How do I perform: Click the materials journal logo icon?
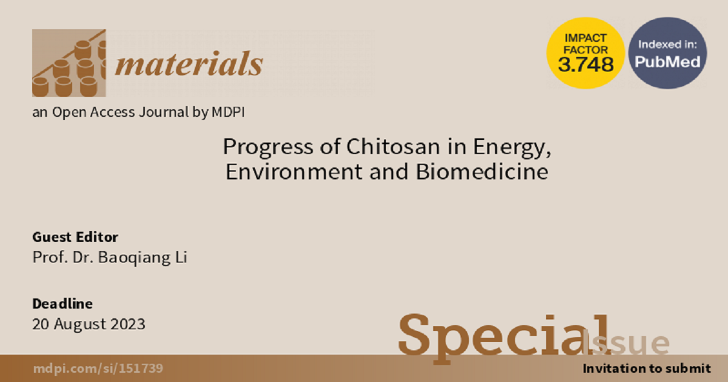(69, 63)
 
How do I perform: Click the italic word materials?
(189, 63)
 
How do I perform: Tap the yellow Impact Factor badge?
(585, 53)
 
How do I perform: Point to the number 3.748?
(585, 64)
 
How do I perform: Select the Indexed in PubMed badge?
(667, 53)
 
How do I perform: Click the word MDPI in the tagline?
(228, 112)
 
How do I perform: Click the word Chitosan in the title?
(393, 147)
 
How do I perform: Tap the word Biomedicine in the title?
(482, 172)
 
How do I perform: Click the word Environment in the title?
(294, 172)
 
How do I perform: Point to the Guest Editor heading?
(75, 237)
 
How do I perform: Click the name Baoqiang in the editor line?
(134, 258)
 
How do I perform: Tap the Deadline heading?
(62, 304)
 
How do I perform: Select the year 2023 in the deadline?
(128, 324)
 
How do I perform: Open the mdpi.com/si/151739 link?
(98, 369)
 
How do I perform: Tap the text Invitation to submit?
(647, 369)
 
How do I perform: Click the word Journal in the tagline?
(164, 112)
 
